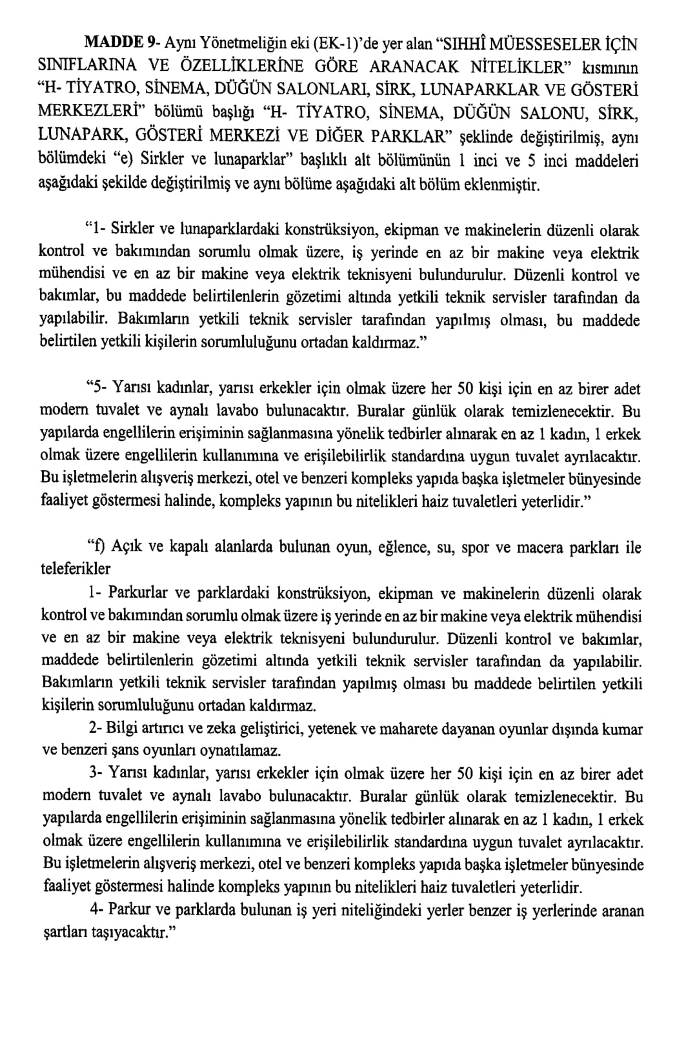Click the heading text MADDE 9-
(122, 43)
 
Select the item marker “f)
(96, 547)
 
